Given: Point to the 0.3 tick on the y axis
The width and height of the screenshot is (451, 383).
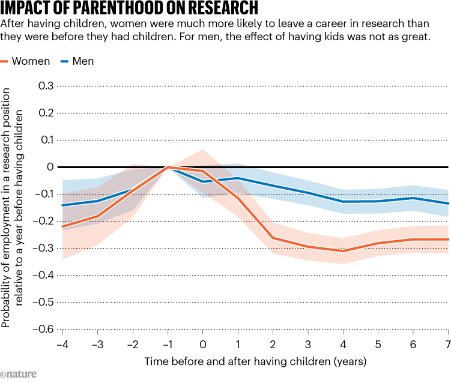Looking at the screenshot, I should (46, 86).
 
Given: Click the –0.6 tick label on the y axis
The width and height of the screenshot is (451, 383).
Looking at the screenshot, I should (43, 329).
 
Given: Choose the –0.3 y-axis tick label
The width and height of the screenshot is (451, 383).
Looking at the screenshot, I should (43, 248).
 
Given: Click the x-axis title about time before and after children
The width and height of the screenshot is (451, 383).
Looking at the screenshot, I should (255, 361).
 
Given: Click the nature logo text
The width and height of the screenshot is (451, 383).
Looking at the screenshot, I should (19, 374).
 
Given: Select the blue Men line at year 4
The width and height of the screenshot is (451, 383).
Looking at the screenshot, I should (343, 202).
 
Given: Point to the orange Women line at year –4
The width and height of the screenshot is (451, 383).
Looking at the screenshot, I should (62, 226).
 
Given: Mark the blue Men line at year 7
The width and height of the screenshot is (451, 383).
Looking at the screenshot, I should (447, 203).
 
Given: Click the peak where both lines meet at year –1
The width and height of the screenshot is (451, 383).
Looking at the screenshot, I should (168, 167).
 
